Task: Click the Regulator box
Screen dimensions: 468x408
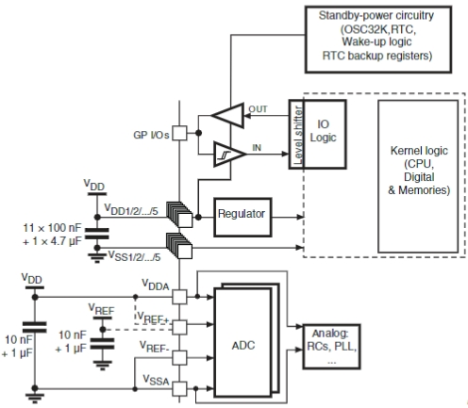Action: (242, 217)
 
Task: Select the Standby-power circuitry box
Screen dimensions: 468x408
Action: (378, 40)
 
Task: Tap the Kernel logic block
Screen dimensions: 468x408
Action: (418, 176)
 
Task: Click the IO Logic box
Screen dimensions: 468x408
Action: (325, 134)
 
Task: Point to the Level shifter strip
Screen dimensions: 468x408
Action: (296, 134)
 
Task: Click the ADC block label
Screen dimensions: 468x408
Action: (242, 346)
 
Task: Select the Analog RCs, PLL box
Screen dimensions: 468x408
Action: (331, 347)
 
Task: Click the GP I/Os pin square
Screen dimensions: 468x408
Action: (180, 133)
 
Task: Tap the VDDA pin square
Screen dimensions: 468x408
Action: (180, 297)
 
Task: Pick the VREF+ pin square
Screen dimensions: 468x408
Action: (180, 327)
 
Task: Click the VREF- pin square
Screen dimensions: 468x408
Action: (180, 358)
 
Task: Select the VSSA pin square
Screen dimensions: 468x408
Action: (180, 388)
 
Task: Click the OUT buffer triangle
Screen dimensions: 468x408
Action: (227, 115)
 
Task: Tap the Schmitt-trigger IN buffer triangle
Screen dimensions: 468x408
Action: (229, 154)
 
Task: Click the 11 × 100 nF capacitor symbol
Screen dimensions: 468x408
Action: (97, 234)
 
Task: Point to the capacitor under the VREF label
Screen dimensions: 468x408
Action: (102, 344)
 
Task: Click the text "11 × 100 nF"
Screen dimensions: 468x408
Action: (52, 228)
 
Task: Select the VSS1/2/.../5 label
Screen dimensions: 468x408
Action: (135, 256)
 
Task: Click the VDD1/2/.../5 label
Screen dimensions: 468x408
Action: (131, 209)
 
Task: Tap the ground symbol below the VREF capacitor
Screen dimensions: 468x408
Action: (102, 366)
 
